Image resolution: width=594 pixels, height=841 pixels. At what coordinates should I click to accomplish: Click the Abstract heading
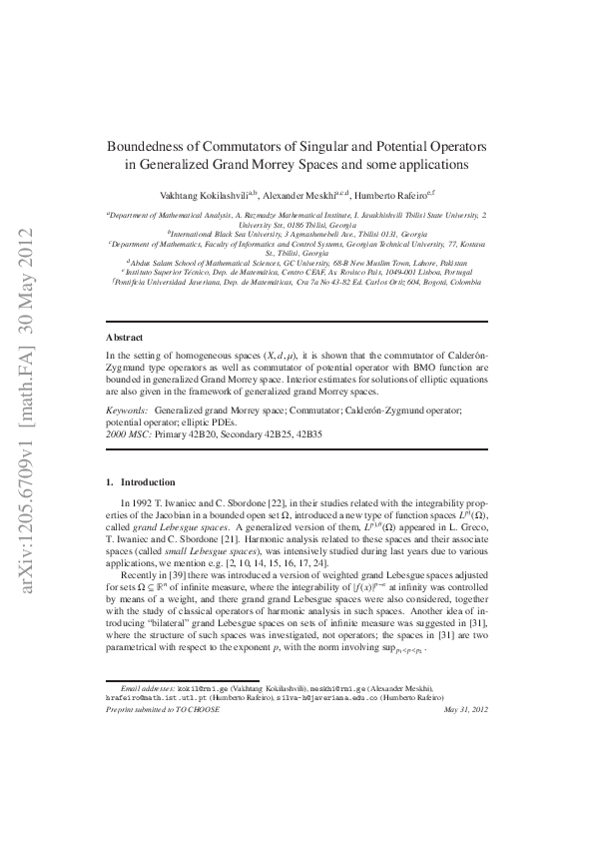pyautogui.click(x=126, y=338)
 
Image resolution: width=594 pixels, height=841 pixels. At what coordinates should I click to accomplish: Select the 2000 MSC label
pyautogui.click(x=128, y=434)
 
